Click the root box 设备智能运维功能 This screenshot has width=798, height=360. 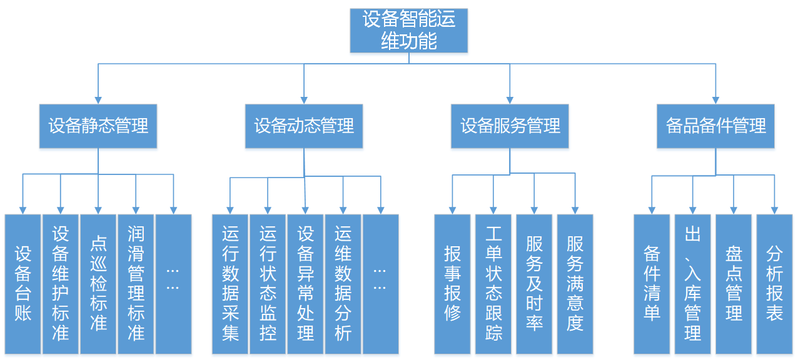pyautogui.click(x=409, y=30)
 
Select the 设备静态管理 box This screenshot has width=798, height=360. pyautogui.click(x=98, y=126)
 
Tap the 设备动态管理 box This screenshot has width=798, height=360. pyautogui.click(x=304, y=126)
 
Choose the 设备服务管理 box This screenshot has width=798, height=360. pyautogui.click(x=510, y=126)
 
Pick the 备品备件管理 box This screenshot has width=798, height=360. pyautogui.click(x=715, y=126)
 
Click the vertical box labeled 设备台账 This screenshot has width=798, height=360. pyautogui.click(x=23, y=284)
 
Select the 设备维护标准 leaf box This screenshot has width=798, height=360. pyautogui.click(x=61, y=284)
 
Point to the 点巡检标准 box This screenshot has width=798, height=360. pyautogui.click(x=98, y=284)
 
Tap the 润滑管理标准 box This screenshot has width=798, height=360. pyautogui.click(x=136, y=284)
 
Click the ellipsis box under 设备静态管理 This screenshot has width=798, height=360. pyautogui.click(x=173, y=284)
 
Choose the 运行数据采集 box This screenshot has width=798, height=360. pyautogui.click(x=230, y=284)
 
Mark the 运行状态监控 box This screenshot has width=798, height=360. pyautogui.click(x=268, y=284)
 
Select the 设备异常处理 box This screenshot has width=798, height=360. pyautogui.click(x=305, y=284)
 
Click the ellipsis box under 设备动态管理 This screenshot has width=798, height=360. pyautogui.click(x=380, y=284)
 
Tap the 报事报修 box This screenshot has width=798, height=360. pyautogui.click(x=452, y=284)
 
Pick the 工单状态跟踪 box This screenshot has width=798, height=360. pyautogui.click(x=493, y=284)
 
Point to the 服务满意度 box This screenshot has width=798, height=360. pyautogui.click(x=575, y=284)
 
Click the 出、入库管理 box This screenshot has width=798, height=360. pyautogui.click(x=692, y=284)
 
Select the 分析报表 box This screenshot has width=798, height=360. pyautogui.click(x=774, y=284)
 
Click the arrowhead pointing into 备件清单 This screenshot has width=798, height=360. pyautogui.click(x=652, y=209)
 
